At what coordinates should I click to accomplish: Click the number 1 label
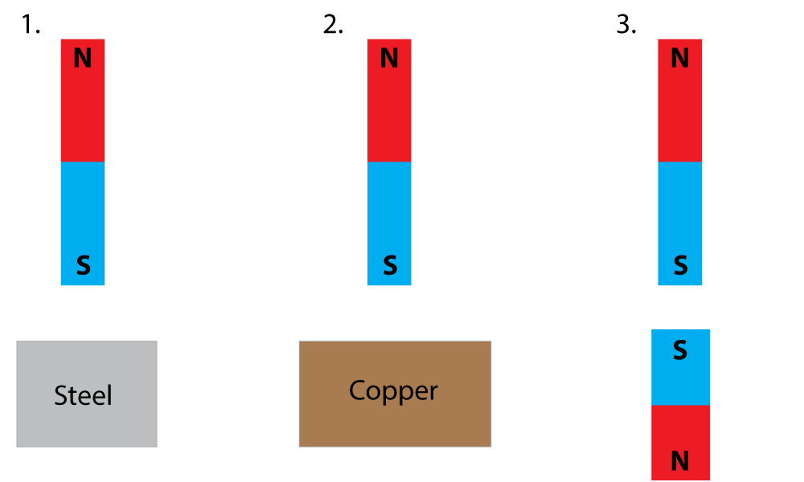tap(30, 25)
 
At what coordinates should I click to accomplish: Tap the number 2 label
tap(332, 25)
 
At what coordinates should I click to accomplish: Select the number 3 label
tap(626, 25)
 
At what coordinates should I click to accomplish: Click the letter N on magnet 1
tap(83, 59)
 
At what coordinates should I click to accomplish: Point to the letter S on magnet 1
tap(83, 265)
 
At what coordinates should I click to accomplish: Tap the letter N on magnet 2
tap(389, 59)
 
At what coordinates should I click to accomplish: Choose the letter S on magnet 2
tap(390, 265)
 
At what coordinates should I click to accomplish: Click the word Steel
tap(83, 395)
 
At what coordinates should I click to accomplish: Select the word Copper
tap(393, 391)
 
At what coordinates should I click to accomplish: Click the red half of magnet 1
tap(83, 112)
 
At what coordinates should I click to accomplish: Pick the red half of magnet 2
tap(389, 112)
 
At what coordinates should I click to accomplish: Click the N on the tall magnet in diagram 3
tap(679, 59)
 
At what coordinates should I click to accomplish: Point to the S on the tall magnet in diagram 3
tap(680, 265)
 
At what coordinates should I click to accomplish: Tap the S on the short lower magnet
tap(680, 351)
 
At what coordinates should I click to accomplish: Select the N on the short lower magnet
tap(680, 461)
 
